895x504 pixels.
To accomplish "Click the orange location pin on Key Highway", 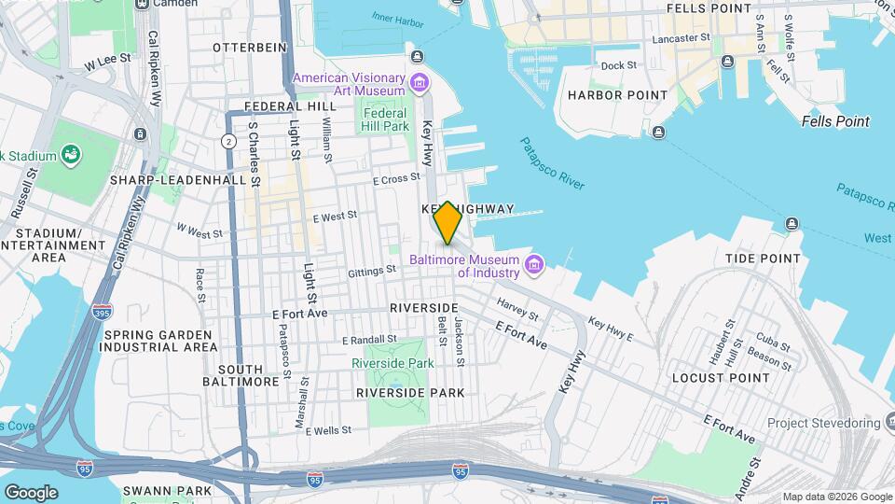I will [447, 222].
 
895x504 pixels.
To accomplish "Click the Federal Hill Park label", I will [385, 119].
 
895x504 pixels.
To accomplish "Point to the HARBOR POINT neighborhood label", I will [617, 95].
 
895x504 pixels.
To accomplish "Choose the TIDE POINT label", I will [763, 259].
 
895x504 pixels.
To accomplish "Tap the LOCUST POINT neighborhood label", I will [721, 378].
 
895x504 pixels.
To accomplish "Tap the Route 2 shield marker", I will [228, 141].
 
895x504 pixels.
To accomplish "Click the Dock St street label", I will [618, 65].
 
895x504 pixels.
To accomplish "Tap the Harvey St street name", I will [513, 304].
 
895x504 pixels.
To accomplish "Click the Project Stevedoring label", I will [823, 424].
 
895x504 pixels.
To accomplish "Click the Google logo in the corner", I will [30, 492].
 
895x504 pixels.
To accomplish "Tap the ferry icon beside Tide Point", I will [792, 223].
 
